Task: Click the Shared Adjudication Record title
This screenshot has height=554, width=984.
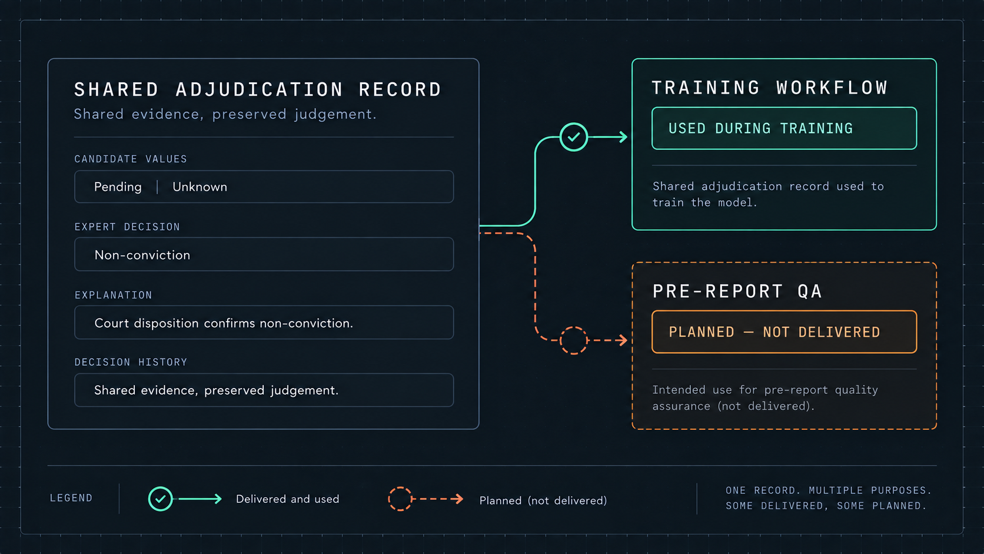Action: click(257, 89)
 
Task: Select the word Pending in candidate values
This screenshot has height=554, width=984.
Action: click(118, 187)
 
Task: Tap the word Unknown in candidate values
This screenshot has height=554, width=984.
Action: click(200, 187)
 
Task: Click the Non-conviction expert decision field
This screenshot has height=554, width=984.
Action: click(264, 254)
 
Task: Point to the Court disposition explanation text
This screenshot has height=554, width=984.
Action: click(224, 323)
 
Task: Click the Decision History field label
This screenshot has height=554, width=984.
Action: click(131, 362)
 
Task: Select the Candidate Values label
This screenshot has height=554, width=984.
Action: click(131, 159)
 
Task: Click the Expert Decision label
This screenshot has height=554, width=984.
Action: click(127, 227)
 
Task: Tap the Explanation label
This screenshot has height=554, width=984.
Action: click(114, 295)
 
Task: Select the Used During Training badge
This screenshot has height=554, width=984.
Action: click(784, 128)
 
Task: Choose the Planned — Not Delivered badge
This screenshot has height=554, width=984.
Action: click(784, 331)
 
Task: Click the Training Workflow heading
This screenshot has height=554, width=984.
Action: click(770, 88)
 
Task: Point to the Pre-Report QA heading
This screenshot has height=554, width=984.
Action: click(737, 291)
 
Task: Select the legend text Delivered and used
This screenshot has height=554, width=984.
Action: click(288, 499)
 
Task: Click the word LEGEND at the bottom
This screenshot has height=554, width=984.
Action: click(71, 497)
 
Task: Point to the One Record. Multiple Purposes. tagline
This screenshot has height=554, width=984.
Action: click(829, 490)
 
